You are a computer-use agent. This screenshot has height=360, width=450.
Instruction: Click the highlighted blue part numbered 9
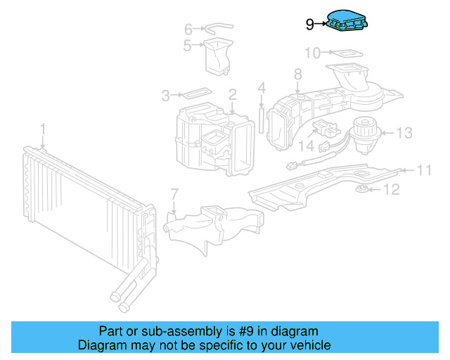pyautogui.click(x=347, y=20)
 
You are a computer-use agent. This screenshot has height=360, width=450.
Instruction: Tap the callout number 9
pyautogui.click(x=309, y=25)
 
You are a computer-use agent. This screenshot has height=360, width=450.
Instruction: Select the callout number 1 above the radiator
pyautogui.click(x=42, y=129)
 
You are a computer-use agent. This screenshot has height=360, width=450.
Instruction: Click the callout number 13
pyautogui.click(x=404, y=133)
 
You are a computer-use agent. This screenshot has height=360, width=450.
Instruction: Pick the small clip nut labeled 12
pyautogui.click(x=361, y=189)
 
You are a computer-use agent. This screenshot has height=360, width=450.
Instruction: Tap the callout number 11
pyautogui.click(x=423, y=170)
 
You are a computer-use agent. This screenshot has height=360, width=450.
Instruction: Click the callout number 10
pyautogui.click(x=312, y=53)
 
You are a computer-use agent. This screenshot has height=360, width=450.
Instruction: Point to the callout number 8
pyautogui.click(x=298, y=74)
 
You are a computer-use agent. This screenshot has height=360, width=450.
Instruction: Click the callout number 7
pyautogui.click(x=174, y=194)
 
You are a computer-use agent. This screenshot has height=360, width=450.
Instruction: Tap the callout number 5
pyautogui.click(x=188, y=46)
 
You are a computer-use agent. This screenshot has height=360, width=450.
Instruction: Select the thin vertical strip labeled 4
pyautogui.click(x=261, y=120)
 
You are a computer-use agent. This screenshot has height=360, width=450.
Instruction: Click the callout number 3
pyautogui.click(x=166, y=96)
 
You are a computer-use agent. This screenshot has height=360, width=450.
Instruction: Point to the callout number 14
pyautogui.click(x=307, y=146)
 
